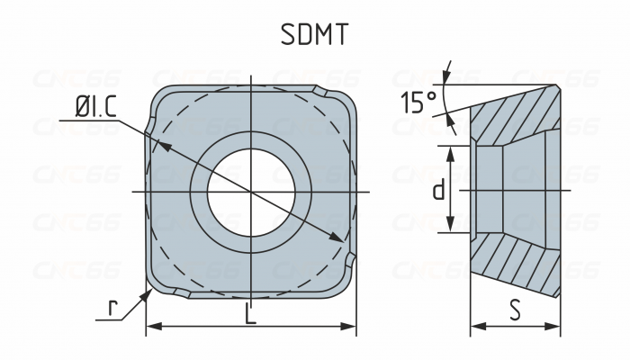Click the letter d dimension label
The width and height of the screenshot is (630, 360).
(x=438, y=190)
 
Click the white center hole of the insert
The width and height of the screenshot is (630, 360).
(x=252, y=192)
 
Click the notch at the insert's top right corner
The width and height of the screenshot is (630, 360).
(x=322, y=92)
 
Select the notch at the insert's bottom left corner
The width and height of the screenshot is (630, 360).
(x=178, y=292)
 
